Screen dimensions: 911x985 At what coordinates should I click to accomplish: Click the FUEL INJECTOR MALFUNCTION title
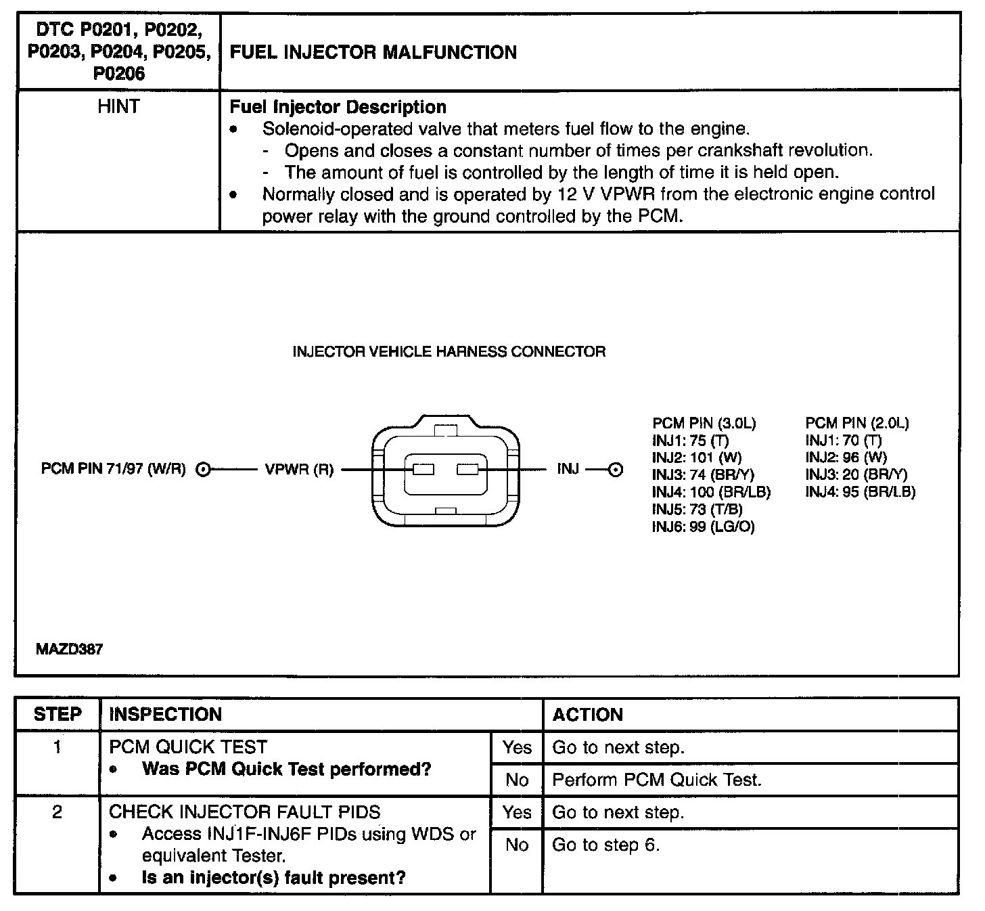[373, 53]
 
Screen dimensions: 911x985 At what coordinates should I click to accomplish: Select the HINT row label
[118, 107]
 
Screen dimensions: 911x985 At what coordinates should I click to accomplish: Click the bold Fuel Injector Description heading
[338, 107]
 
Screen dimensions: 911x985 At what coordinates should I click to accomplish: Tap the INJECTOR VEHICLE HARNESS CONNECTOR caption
[449, 351]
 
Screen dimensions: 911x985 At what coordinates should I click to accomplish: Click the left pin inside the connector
[423, 469]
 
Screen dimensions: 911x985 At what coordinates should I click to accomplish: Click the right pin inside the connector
[467, 469]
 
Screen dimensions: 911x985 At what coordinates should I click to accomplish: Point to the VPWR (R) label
[299, 470]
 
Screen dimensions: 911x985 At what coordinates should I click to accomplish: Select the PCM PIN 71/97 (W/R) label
[113, 469]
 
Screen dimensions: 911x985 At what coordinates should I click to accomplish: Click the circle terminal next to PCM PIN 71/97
[204, 469]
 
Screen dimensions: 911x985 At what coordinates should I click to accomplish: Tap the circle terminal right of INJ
[615, 470]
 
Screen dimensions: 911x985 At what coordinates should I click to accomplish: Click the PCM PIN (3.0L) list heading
[704, 424]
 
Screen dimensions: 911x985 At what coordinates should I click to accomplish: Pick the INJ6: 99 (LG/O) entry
[703, 527]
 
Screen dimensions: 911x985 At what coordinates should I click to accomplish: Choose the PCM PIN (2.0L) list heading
[856, 424]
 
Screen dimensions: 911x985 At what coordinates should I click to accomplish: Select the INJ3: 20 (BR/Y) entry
[856, 475]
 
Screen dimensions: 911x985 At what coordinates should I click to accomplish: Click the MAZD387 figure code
[69, 650]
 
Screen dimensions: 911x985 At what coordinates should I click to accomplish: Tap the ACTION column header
[587, 715]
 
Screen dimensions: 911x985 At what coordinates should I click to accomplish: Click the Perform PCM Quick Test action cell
[656, 780]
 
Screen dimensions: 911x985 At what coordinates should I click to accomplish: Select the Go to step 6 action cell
[605, 845]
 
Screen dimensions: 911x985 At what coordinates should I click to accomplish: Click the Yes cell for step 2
[517, 812]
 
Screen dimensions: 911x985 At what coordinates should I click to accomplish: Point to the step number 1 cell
[58, 747]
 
